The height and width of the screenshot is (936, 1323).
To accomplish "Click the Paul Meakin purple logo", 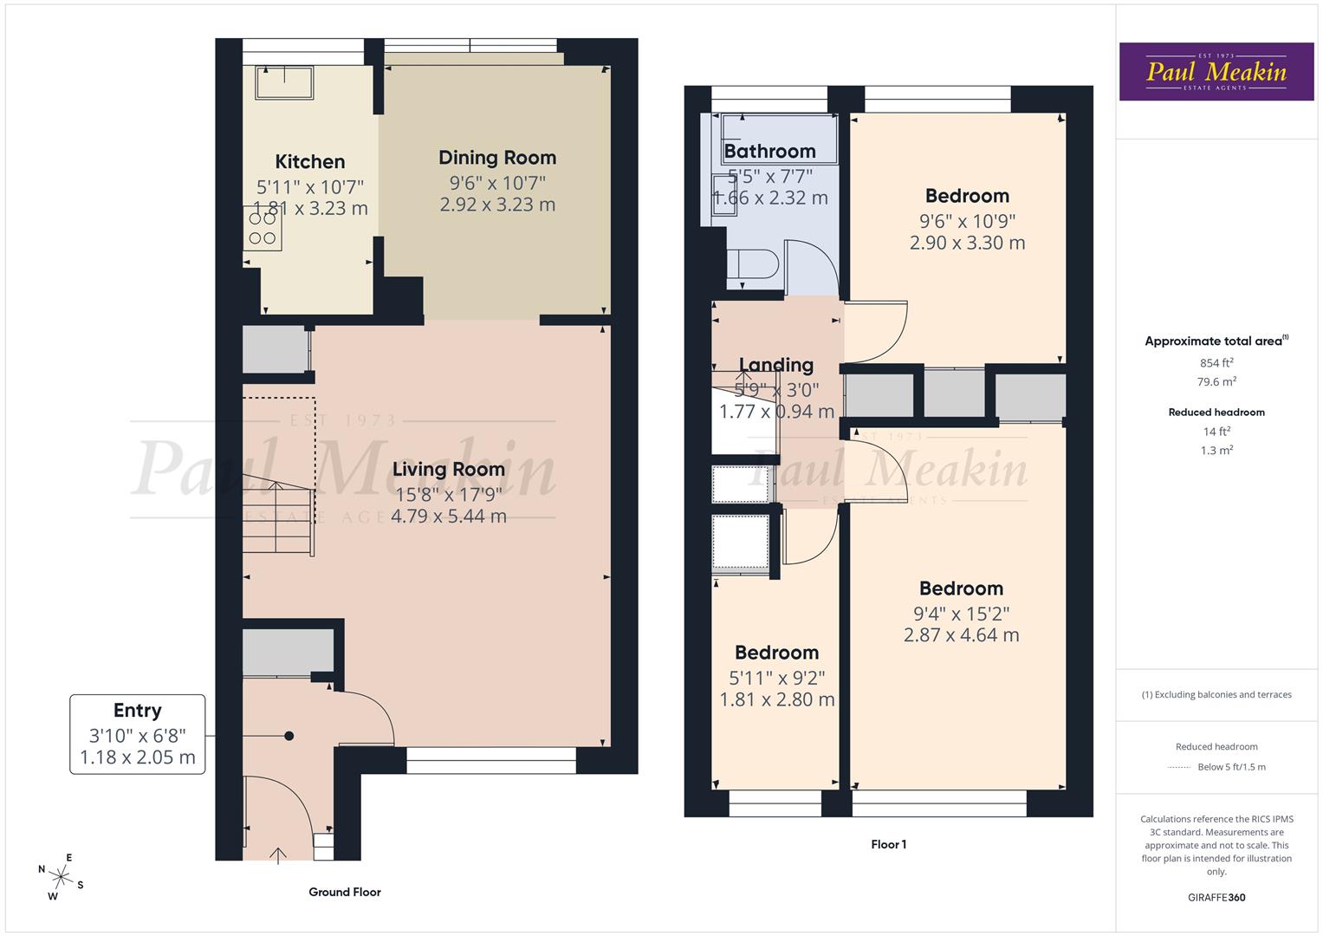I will point(1216,72).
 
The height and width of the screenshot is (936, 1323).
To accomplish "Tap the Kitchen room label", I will point(310,162).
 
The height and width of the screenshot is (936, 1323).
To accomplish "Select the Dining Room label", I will point(497,158).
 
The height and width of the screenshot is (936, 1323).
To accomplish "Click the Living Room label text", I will point(448,470).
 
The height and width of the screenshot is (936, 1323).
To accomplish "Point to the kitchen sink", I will point(285,83).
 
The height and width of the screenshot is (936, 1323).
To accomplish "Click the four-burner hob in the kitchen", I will point(263,228).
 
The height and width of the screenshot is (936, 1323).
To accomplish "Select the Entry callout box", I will point(138,733).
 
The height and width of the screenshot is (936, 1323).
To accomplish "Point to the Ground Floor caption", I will point(345,892).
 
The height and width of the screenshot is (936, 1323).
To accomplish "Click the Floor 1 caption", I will point(888,844).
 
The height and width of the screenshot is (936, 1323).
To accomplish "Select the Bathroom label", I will point(769,152).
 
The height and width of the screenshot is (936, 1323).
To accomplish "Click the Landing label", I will point(776,366).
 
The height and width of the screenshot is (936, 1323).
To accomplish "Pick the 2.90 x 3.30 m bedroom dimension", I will point(967,244).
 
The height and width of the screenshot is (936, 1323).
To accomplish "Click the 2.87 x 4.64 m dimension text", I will point(961,635).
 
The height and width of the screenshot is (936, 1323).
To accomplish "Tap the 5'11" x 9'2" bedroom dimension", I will point(776,678).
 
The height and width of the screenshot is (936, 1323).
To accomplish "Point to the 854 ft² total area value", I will point(1216,363).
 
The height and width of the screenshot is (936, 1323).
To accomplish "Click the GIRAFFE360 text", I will point(1216,898).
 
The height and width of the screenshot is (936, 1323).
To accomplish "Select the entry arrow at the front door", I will point(278,855).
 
